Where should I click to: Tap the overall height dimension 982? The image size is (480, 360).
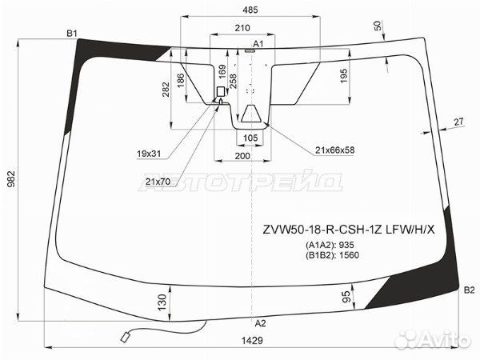11,179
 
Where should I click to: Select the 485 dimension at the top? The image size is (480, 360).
250,10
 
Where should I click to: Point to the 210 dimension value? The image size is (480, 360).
242,28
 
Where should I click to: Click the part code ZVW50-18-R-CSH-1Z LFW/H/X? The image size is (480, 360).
349,230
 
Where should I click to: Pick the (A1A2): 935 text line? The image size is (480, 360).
330,245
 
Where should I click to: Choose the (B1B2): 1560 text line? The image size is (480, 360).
332,255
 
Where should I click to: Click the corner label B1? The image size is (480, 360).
72,34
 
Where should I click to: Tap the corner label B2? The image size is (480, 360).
469,290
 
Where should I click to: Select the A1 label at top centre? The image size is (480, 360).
258,44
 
